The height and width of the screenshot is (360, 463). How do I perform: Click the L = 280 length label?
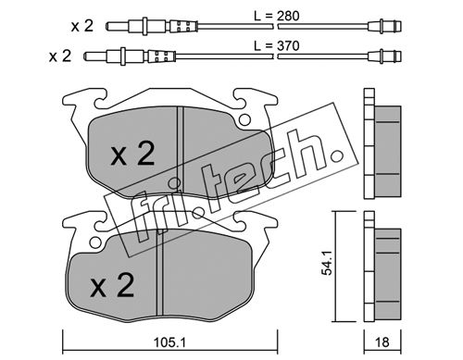pos(277,16)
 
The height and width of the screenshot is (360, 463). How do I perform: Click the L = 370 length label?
pos(277,46)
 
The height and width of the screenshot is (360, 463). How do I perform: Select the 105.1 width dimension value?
pos(169,342)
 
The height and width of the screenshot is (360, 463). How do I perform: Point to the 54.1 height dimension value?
pos(327,263)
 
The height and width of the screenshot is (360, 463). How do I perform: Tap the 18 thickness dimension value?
pos(382,342)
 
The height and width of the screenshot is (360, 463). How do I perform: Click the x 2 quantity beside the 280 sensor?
pos(82,26)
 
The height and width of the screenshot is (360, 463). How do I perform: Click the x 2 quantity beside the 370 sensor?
pos(60,56)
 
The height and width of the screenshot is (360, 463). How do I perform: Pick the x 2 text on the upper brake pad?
pos(133,153)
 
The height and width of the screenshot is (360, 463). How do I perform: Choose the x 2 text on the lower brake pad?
pos(112,285)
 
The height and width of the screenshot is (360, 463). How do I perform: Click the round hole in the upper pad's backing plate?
pos(244,119)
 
